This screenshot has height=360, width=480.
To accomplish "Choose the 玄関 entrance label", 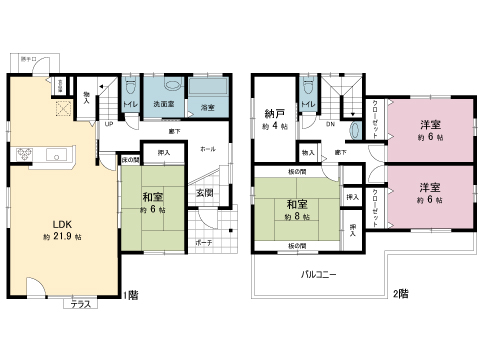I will coord(204,192).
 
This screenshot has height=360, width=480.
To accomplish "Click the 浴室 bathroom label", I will coord(208,106).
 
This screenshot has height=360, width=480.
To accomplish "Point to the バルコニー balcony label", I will coord(319,273).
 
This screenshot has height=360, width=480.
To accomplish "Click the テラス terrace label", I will coord(79,304).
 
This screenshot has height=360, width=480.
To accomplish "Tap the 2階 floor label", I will coord(400,294).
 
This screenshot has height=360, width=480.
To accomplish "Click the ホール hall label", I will coord(207,147).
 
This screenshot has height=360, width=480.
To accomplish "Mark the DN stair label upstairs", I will coord(330,125).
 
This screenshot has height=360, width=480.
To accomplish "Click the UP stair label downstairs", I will coord(109,124).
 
